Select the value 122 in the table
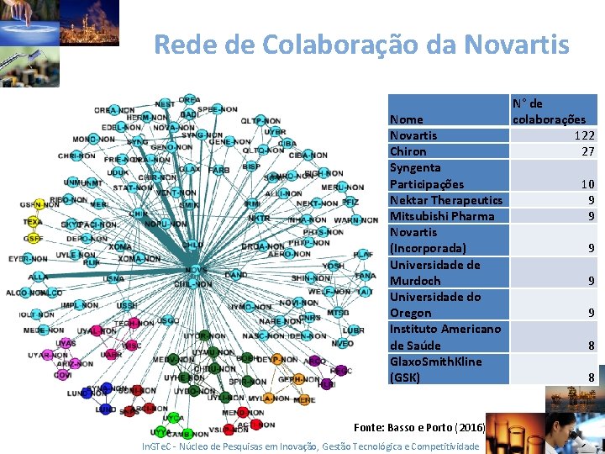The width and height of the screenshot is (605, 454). pos(584,135)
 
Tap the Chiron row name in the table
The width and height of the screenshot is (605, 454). pos(408,151)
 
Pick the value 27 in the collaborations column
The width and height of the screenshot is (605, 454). pos(587,151)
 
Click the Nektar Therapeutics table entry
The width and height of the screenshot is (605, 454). pos(445,200)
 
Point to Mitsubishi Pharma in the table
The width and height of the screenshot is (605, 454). pos(441,216)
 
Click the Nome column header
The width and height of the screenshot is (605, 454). pos(406,119)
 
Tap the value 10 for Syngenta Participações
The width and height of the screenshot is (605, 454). pos(587,184)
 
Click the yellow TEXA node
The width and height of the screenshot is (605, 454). pos(33,223)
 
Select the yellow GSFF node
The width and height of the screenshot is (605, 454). pos(33,238)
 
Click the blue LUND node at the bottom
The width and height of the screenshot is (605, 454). pos(105,409)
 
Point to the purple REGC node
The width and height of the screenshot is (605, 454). pos(340,370)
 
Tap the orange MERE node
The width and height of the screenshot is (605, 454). pos(305,400)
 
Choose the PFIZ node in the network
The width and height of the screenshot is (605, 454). pos(350,203)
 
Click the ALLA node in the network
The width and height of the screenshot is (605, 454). pos(38,277)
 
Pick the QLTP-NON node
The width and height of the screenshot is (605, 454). pos(260,121)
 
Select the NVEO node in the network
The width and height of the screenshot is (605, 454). pos(342,343)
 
